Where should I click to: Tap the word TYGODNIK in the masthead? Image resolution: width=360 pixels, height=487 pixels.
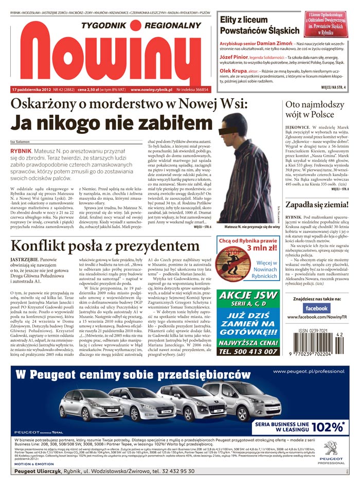[102, 26]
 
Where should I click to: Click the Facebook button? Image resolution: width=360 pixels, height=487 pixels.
[316, 308]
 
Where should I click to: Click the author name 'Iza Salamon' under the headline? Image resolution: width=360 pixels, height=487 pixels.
[20, 142]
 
